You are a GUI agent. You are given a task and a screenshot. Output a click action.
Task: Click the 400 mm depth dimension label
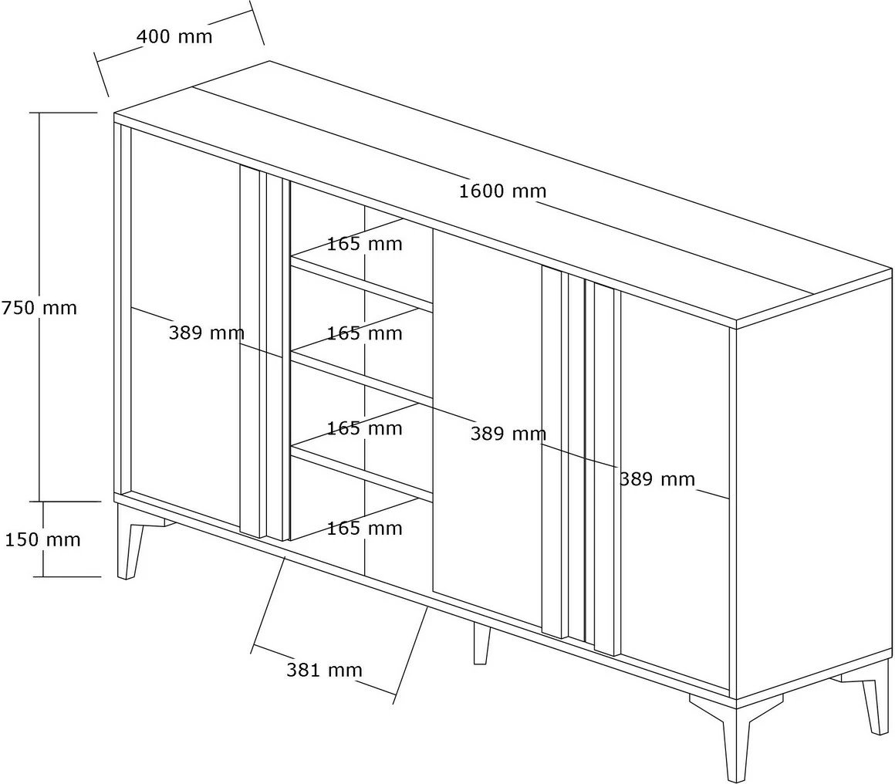(x=174, y=36)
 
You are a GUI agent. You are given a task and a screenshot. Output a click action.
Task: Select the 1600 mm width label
(x=502, y=191)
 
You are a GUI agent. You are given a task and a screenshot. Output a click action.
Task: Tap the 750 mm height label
(x=39, y=308)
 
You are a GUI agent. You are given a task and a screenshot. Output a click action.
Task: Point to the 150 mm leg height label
(x=43, y=539)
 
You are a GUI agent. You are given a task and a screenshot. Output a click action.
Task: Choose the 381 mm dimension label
(x=324, y=670)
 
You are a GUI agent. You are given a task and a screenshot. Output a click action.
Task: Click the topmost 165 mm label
(x=364, y=245)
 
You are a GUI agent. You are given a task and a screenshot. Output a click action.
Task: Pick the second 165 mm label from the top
(x=364, y=333)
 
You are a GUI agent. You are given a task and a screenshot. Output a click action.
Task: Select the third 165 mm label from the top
(x=364, y=428)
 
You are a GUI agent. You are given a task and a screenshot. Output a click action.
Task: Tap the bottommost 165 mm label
(x=364, y=529)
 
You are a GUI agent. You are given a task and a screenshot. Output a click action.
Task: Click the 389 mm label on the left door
(x=206, y=333)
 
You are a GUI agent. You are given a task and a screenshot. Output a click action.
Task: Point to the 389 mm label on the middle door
(x=508, y=434)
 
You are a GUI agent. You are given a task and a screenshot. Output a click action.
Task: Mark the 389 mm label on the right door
(x=657, y=479)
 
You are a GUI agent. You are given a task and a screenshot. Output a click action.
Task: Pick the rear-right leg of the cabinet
(x=875, y=704)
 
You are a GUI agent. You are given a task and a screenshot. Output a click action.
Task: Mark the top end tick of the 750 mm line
(x=66, y=113)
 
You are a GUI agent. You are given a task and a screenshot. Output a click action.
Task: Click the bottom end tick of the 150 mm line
(x=70, y=576)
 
